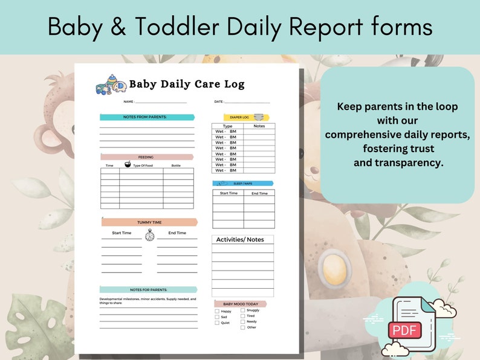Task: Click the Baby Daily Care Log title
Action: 187,84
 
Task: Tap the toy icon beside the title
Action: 111,85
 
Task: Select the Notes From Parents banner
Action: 147,117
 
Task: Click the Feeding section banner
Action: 147,157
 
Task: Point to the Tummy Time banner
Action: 149,222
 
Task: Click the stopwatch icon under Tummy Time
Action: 149,235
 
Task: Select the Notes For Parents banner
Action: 148,290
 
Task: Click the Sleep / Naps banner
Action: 243,183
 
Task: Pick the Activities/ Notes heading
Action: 240,240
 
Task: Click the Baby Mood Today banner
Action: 240,304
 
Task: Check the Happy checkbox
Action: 217,312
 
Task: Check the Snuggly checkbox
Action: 243,310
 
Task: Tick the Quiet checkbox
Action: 217,323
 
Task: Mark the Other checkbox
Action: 243,327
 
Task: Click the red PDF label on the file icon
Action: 404,330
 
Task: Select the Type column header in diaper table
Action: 227,126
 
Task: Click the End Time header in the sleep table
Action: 259,193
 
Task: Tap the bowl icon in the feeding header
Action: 128,164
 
